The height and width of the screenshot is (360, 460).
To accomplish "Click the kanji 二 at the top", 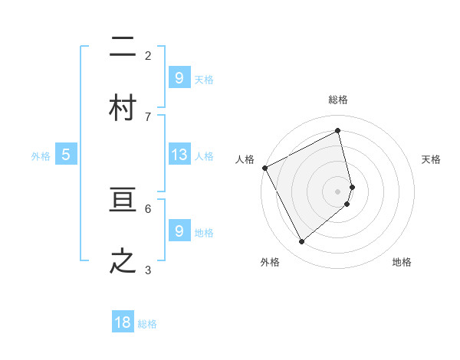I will tap(123, 47).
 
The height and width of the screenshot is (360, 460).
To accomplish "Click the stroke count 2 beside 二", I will tap(148, 55).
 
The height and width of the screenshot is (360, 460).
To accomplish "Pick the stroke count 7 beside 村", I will tap(148, 116).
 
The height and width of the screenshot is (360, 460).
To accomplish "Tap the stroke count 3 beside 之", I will tap(148, 270).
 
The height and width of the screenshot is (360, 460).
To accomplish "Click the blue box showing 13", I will tap(179, 155).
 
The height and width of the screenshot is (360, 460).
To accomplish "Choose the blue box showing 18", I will tap(123, 322).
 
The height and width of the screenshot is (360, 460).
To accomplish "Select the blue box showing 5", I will tap(66, 155).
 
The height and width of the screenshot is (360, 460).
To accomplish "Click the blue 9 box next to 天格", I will tap(179, 78).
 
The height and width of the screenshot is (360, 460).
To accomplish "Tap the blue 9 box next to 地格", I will tap(179, 231).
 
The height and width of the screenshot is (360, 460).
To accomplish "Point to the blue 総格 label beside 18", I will tap(147, 324).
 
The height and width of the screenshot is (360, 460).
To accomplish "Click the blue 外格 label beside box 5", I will tap(41, 156).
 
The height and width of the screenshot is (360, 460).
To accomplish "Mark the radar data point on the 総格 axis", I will tap(338, 131).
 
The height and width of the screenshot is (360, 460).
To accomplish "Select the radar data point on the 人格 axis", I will tap(264, 168).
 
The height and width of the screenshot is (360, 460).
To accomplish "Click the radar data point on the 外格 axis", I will tap(301, 242).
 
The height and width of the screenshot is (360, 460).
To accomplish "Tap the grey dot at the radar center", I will tap(338, 191).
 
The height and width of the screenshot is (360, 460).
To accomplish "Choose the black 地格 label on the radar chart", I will tap(402, 262).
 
